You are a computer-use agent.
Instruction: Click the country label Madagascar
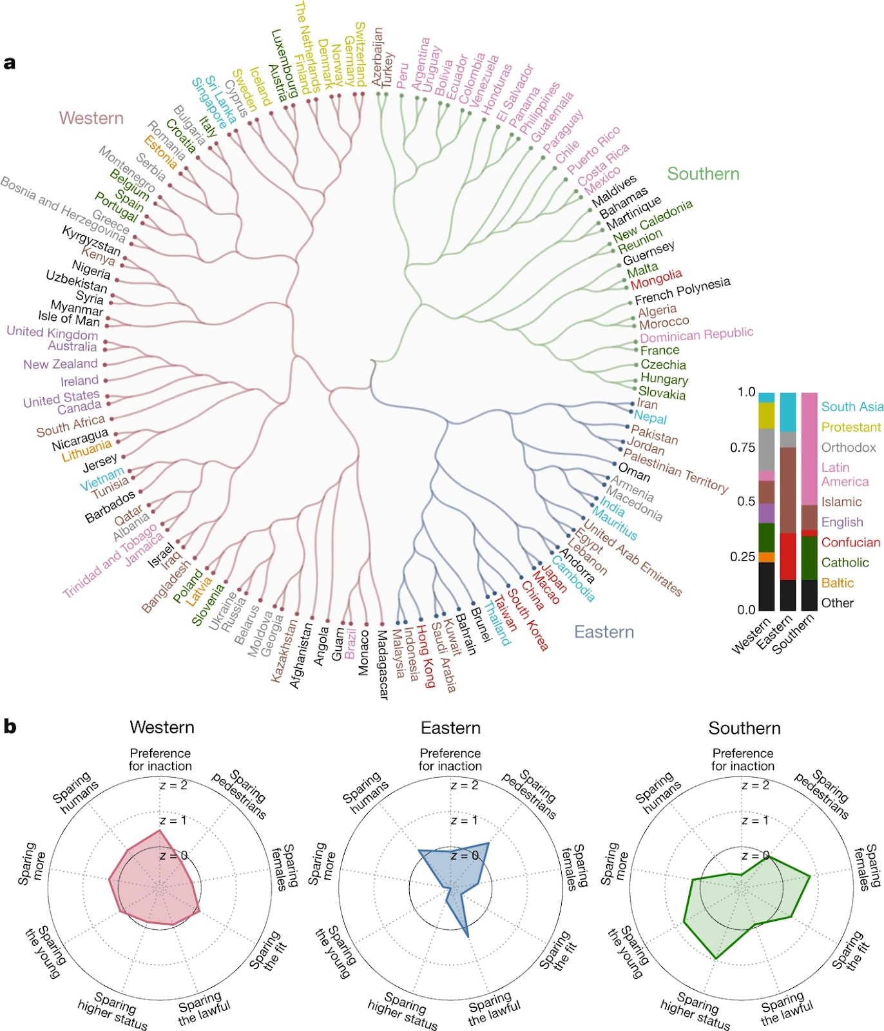tap(382, 664)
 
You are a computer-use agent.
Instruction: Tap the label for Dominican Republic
tap(697, 334)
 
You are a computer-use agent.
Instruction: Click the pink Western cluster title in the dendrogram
tap(91, 118)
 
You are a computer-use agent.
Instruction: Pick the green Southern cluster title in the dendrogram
tap(703, 174)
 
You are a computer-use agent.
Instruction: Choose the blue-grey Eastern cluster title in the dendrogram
tap(604, 632)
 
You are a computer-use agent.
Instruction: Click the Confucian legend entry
tap(850, 543)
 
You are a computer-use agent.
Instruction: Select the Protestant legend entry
tap(850, 427)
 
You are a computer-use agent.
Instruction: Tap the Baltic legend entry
tap(837, 583)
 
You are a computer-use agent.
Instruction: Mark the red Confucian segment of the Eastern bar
tap(788, 556)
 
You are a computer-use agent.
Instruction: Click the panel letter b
tap(10, 727)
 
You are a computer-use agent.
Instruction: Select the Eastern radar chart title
tap(450, 728)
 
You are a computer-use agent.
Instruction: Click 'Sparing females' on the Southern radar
tap(867, 867)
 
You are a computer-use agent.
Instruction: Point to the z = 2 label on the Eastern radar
tap(465, 785)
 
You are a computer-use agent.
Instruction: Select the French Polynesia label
tap(682, 291)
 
